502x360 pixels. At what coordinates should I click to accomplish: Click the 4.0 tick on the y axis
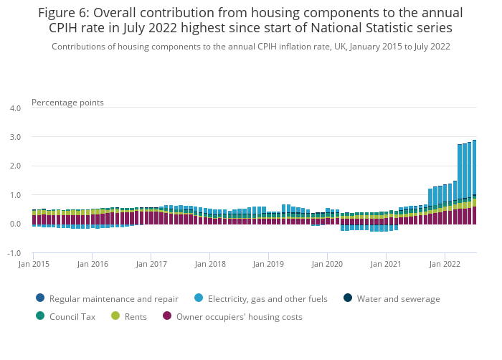(x=14, y=108)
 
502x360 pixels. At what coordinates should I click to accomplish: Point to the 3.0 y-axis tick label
(x=14, y=137)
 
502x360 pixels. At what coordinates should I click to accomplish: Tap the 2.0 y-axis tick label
(x=14, y=166)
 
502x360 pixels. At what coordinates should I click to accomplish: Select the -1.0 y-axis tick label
(x=14, y=253)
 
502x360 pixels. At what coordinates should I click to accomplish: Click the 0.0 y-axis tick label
(x=14, y=224)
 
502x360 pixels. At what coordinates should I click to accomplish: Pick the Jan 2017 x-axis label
(x=151, y=264)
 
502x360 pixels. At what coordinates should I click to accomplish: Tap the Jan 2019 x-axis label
(x=268, y=264)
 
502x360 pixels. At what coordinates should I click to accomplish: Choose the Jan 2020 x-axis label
(x=327, y=264)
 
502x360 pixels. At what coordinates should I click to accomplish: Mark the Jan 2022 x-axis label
(x=445, y=264)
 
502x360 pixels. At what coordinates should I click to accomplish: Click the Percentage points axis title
(x=67, y=103)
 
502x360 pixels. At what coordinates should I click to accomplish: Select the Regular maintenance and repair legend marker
(x=39, y=298)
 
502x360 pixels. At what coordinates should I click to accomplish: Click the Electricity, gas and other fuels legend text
(x=267, y=299)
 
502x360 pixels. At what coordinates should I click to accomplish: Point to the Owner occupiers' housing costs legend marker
(x=168, y=316)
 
